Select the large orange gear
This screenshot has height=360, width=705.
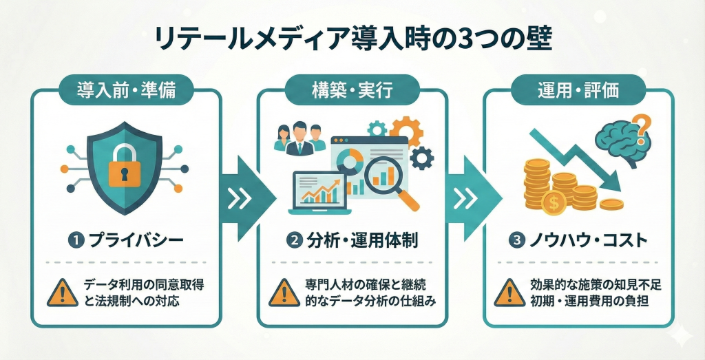(x=406, y=134)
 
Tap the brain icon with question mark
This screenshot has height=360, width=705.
(x=624, y=141)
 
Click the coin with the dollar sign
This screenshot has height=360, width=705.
(x=554, y=202)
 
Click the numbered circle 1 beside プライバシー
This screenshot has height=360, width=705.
(x=73, y=241)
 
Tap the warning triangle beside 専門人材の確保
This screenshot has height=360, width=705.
(x=284, y=293)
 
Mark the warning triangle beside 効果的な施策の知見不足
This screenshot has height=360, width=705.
(x=508, y=293)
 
